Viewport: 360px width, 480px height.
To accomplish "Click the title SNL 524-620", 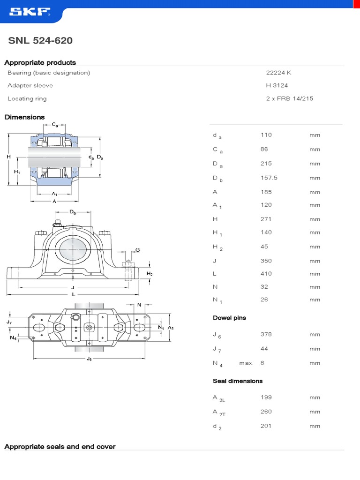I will click(40, 41).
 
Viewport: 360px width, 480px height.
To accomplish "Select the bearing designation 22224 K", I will click(278, 73).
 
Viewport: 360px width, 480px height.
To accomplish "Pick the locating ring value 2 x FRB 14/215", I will click(289, 98).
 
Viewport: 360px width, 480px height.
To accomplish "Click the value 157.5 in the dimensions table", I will click(269, 178).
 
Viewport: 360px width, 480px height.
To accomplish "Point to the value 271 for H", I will click(266, 219).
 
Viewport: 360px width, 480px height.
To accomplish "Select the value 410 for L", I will click(266, 274).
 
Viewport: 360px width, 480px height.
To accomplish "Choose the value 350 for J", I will click(266, 261).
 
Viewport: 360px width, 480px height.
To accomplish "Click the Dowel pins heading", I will click(229, 318).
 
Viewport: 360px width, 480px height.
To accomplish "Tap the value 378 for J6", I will click(266, 334).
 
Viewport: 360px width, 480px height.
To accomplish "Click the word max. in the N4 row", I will click(246, 363).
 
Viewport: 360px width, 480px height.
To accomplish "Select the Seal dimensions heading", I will click(238, 381).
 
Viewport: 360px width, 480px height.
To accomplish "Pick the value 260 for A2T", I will click(266, 412).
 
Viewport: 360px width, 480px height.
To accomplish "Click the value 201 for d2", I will click(266, 426).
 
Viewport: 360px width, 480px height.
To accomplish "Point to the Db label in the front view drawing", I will click(73, 212).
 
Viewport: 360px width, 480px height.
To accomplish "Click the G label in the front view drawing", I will click(137, 250).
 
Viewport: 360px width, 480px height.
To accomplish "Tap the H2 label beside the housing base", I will click(150, 274).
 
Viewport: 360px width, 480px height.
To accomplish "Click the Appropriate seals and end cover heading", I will click(60, 447).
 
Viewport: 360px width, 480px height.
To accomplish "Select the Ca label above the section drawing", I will click(55, 125).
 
